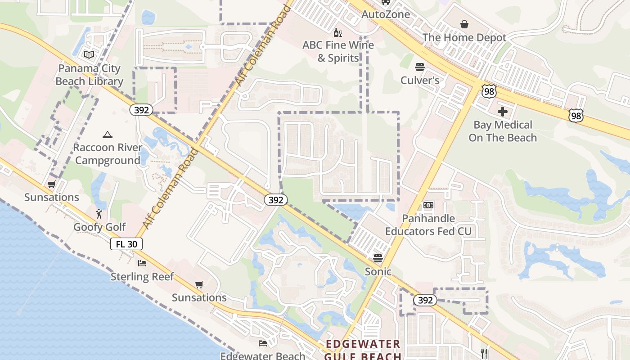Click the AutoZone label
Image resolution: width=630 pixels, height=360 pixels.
(x=386, y=14)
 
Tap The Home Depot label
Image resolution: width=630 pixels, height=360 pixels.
(x=464, y=38)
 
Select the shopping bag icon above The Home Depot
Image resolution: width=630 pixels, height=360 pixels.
(x=464, y=24)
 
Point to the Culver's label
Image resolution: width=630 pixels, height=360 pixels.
(x=420, y=81)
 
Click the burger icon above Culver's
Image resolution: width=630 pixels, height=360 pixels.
(x=420, y=67)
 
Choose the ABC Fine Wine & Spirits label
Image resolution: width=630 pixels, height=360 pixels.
(x=338, y=51)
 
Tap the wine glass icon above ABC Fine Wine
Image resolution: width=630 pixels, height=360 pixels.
(x=338, y=32)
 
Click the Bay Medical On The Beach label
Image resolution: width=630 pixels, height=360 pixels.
(x=503, y=131)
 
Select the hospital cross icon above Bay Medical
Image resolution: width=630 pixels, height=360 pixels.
(x=503, y=112)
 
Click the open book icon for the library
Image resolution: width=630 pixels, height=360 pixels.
(x=89, y=55)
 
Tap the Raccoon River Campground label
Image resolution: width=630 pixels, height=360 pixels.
(x=107, y=154)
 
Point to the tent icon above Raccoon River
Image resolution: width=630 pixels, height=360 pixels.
(x=107, y=135)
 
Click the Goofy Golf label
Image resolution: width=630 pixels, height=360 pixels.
(x=99, y=227)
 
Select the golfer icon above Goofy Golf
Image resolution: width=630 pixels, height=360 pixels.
(x=99, y=214)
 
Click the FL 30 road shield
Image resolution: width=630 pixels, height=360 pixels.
(x=126, y=244)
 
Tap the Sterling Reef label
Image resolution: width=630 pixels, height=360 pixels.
(x=142, y=276)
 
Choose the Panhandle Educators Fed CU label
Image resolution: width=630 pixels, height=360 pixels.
(x=428, y=225)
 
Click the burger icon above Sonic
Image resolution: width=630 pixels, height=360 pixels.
(x=378, y=258)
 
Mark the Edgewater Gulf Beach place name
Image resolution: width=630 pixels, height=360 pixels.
(x=363, y=350)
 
